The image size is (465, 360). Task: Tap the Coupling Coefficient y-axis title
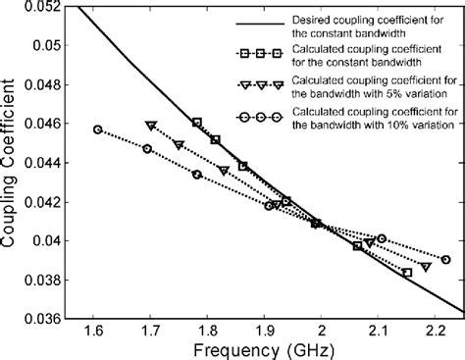click(x=10, y=162)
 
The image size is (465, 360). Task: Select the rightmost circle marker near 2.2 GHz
click(x=445, y=259)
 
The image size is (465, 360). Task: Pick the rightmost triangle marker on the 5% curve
click(x=426, y=267)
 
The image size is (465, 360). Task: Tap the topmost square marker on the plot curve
click(x=197, y=123)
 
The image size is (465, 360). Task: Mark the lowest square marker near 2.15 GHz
click(x=407, y=273)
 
